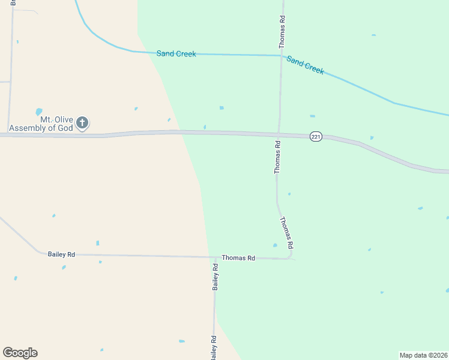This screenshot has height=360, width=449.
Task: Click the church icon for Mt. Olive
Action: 83,124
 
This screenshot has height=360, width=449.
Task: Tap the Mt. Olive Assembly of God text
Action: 41,124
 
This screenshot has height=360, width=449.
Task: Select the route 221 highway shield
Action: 316,137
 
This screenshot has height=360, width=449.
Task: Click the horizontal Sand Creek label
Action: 176,54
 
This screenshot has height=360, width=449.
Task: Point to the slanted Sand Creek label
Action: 306,65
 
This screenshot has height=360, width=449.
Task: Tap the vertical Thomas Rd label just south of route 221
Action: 277,157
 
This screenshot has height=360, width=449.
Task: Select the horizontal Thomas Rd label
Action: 238,258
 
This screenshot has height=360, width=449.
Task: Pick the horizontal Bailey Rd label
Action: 61,254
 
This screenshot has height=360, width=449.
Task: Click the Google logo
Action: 20,353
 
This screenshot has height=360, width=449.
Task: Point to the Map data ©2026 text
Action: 423,355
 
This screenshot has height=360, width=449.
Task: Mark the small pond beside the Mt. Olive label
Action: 39,112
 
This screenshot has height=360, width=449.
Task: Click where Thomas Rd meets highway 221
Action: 279,133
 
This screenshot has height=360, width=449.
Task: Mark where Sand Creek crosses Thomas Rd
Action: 281,56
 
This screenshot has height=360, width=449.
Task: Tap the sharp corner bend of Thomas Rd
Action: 292,258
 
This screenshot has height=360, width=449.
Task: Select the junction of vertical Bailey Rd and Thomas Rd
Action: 215,257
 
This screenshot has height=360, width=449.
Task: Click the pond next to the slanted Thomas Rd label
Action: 275,245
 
